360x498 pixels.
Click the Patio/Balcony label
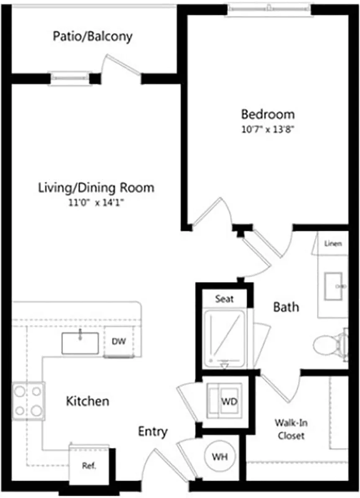click(x=93, y=36)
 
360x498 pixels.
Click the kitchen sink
click(x=80, y=343)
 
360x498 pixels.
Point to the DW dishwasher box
click(x=118, y=342)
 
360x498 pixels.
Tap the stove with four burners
click(x=28, y=400)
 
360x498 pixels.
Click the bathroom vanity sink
click(x=334, y=286)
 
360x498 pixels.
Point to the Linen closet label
click(x=333, y=243)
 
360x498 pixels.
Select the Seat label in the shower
click(x=224, y=299)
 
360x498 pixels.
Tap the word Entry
click(x=153, y=431)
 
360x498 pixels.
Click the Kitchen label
click(x=87, y=401)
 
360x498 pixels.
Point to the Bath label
click(x=286, y=307)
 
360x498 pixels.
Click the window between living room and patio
click(x=70, y=78)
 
